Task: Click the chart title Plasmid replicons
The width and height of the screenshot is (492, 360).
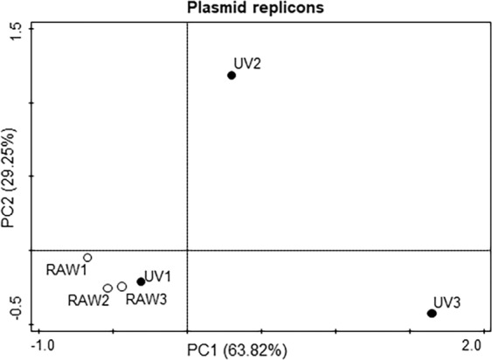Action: (x=250, y=7)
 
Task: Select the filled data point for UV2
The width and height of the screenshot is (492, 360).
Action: (x=232, y=75)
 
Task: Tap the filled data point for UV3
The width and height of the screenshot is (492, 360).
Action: (x=432, y=314)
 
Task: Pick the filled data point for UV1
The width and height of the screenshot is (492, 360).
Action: (x=141, y=281)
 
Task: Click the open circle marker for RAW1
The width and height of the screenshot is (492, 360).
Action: (x=87, y=258)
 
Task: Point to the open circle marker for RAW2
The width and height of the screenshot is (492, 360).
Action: (x=107, y=288)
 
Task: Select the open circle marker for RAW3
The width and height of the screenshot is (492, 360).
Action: (x=122, y=286)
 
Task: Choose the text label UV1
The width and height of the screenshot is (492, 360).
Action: (x=157, y=276)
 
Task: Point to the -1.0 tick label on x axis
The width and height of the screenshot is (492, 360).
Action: (x=44, y=343)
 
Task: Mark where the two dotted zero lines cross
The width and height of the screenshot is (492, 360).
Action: (x=187, y=250)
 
